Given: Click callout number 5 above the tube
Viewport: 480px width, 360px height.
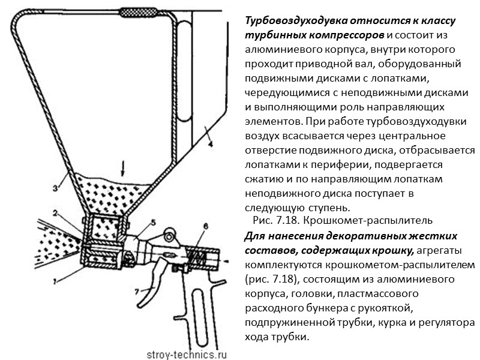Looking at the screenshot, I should pyautogui.click(x=153, y=222).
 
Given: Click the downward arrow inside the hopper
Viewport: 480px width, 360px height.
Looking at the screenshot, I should pyautogui.click(x=123, y=165).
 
